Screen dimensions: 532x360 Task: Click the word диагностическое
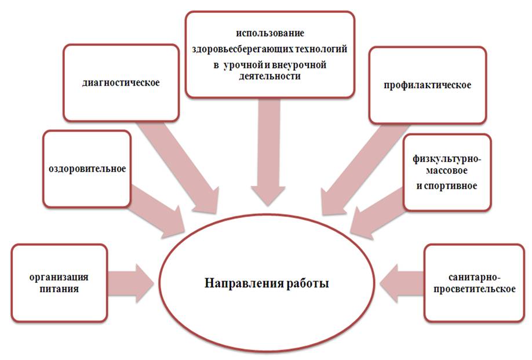121,83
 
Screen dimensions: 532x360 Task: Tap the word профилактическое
428,85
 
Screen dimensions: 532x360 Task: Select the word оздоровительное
87,169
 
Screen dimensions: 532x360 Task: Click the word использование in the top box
270,33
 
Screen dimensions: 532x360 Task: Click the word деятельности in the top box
269,76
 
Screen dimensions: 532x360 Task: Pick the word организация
59,278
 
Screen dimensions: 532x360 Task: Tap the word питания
59,289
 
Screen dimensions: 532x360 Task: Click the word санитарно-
474,278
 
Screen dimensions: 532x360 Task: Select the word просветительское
474,289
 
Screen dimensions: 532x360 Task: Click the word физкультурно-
447,159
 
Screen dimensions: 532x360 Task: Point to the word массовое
447,170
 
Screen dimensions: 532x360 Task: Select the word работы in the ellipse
307,283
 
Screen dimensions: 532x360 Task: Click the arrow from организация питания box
131,283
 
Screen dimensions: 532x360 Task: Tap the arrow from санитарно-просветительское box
402,283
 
